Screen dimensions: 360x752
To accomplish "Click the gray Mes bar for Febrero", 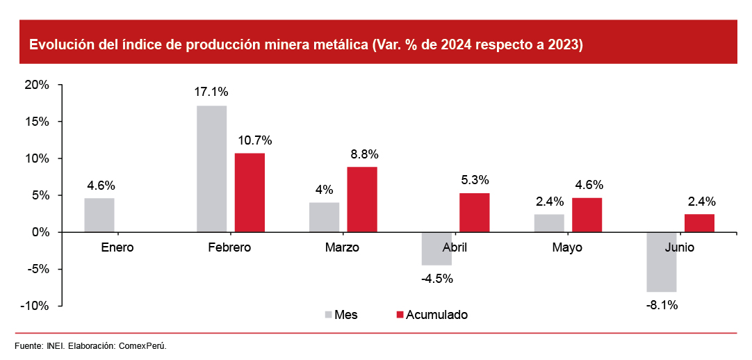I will pyautogui.click(x=212, y=169).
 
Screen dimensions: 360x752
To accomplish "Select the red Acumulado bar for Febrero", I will pyautogui.click(x=250, y=193).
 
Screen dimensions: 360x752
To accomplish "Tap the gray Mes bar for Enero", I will pyautogui.click(x=99, y=215).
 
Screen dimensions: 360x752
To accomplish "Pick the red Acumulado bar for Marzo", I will pyautogui.click(x=362, y=199).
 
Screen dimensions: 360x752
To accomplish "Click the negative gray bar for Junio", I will pyautogui.click(x=662, y=262).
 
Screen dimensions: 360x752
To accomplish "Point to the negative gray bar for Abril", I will pyautogui.click(x=436, y=249).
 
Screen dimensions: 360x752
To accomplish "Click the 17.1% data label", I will pyautogui.click(x=212, y=92).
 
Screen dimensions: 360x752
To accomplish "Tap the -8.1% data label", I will pyautogui.click(x=662, y=304).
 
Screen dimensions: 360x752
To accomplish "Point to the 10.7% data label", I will pyautogui.click(x=255, y=140).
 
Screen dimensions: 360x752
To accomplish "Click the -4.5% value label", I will pyautogui.click(x=436, y=279).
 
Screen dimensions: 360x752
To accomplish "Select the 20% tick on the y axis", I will pyautogui.click(x=37, y=85).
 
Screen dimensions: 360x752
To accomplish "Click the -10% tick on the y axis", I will pyautogui.click(x=35, y=306).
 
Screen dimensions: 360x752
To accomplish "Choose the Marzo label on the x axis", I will pyautogui.click(x=342, y=247).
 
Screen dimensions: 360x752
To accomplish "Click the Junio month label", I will pyautogui.click(x=678, y=247).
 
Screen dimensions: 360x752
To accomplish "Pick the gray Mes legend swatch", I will pyautogui.click(x=328, y=315).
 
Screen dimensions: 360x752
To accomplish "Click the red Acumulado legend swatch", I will pyautogui.click(x=400, y=315).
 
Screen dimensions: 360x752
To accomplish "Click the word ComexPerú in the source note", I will pyautogui.click(x=142, y=346).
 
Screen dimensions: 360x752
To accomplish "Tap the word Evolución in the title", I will pyautogui.click(x=58, y=45).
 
